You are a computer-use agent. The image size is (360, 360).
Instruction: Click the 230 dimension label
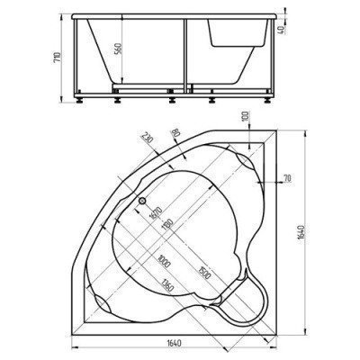[x=147, y=143]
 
